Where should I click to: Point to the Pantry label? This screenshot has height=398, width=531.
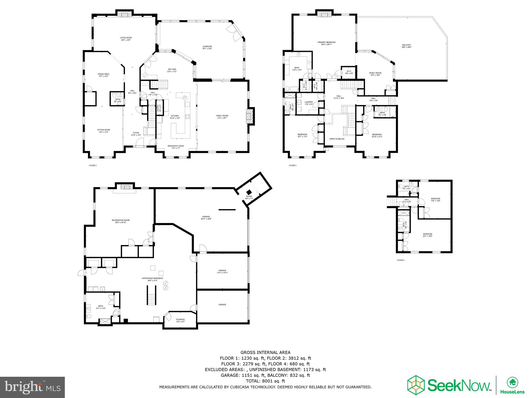159,108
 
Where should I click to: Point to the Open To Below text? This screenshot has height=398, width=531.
337,139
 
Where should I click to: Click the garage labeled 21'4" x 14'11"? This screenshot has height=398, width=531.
222,271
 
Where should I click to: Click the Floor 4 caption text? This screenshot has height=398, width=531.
400,260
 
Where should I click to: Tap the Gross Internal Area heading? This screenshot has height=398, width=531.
265,352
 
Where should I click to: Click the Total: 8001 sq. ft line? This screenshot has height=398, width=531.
265,381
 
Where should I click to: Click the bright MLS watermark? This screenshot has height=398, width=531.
32,387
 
